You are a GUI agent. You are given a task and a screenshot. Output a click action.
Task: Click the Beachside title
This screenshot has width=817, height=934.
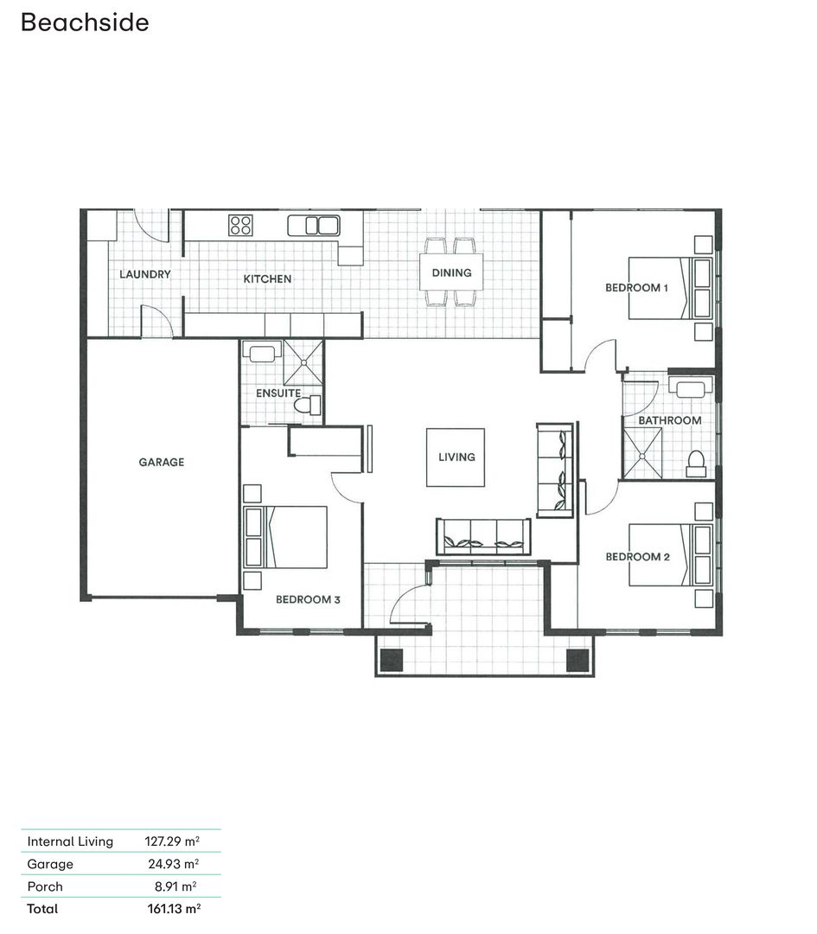tap(84, 22)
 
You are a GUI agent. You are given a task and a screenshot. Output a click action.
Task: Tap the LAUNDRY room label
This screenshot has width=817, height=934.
tap(144, 274)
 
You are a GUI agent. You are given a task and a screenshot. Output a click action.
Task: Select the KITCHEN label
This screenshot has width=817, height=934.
tap(267, 278)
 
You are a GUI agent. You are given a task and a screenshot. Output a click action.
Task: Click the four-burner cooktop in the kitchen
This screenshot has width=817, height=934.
tap(240, 226)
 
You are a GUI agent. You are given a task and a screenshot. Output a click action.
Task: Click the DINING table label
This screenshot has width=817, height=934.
tap(451, 272)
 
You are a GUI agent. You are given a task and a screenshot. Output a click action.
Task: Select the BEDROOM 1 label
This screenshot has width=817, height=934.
tap(636, 287)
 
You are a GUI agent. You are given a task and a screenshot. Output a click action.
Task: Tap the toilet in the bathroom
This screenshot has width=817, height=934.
tap(696, 464)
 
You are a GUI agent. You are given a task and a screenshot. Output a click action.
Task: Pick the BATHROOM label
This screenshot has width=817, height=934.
tap(669, 420)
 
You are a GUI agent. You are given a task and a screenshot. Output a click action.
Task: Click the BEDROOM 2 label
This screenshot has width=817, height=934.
tap(637, 557)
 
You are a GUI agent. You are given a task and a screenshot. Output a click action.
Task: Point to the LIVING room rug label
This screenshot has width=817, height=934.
tap(456, 457)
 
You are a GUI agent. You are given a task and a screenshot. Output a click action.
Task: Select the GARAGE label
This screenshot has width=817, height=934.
tap(162, 462)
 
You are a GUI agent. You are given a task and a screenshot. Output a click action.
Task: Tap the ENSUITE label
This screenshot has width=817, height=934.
tap(278, 393)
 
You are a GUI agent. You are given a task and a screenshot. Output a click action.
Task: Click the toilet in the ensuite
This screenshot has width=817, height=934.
tap(308, 405)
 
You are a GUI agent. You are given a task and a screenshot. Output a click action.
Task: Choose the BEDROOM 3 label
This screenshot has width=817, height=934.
tap(308, 598)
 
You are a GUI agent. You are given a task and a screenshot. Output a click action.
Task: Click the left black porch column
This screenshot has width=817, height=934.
tap(393, 660)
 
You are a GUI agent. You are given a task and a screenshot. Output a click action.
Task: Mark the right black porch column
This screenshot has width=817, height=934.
tap(577, 660)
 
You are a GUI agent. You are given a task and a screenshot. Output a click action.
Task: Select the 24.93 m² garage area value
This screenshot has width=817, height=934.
tap(174, 863)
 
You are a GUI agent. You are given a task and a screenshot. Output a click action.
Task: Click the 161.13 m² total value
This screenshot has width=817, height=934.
tap(174, 908)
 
